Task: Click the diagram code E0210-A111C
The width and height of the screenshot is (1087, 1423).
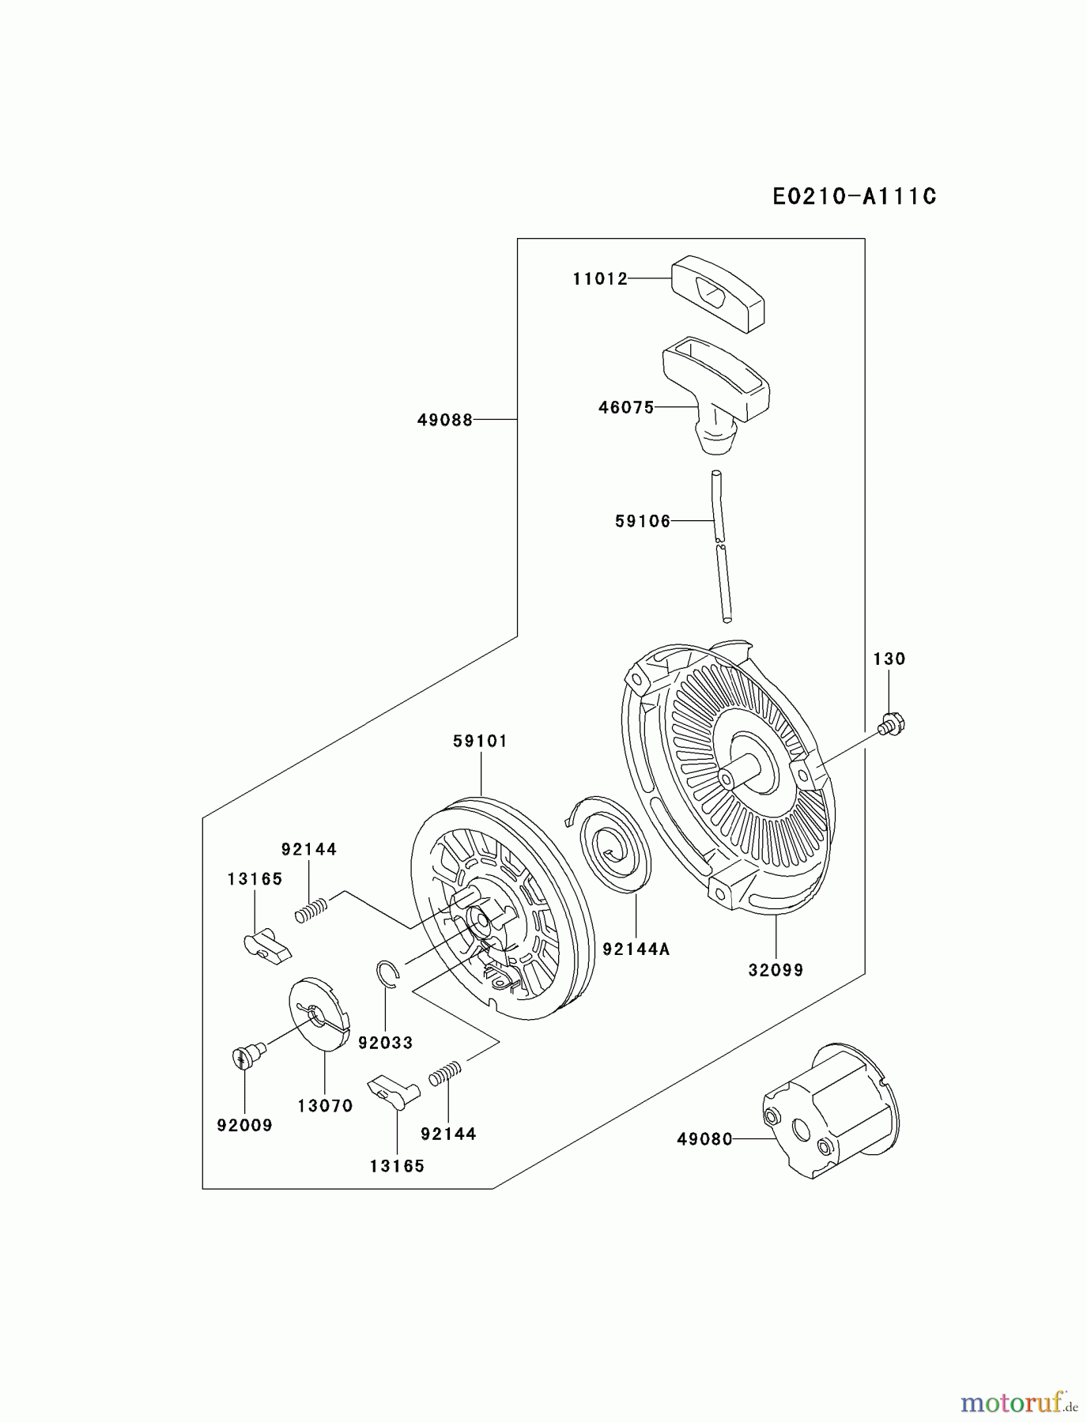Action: click(854, 196)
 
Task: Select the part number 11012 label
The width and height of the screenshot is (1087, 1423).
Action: click(600, 278)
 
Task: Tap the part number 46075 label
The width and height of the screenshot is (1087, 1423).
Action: click(626, 407)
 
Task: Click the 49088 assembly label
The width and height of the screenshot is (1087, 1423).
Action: click(445, 420)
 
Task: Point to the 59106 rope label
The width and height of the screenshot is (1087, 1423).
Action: click(643, 521)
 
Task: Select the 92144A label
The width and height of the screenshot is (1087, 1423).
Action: click(636, 949)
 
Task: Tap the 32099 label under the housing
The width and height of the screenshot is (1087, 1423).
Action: click(776, 970)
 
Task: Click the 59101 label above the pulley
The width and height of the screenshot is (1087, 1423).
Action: click(480, 741)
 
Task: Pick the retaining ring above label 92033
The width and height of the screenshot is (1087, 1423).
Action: click(387, 973)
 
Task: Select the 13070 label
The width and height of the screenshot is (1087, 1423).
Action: click(325, 1106)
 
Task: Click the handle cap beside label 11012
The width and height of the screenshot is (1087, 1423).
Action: click(717, 293)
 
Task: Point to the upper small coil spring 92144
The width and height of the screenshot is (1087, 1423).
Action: click(311, 909)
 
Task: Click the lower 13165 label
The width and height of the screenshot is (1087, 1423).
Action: click(397, 1165)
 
